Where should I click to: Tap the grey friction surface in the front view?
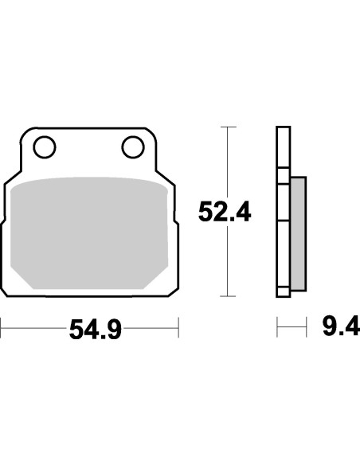(92, 231)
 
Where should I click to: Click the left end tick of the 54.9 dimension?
(2, 326)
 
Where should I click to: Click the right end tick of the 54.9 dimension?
(178, 326)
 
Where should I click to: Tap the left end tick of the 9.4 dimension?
(277, 326)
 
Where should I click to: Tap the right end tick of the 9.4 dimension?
(306, 326)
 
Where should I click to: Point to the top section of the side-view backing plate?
(282, 147)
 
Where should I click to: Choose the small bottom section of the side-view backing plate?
(282, 290)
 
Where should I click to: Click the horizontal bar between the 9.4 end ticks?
(292, 326)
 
